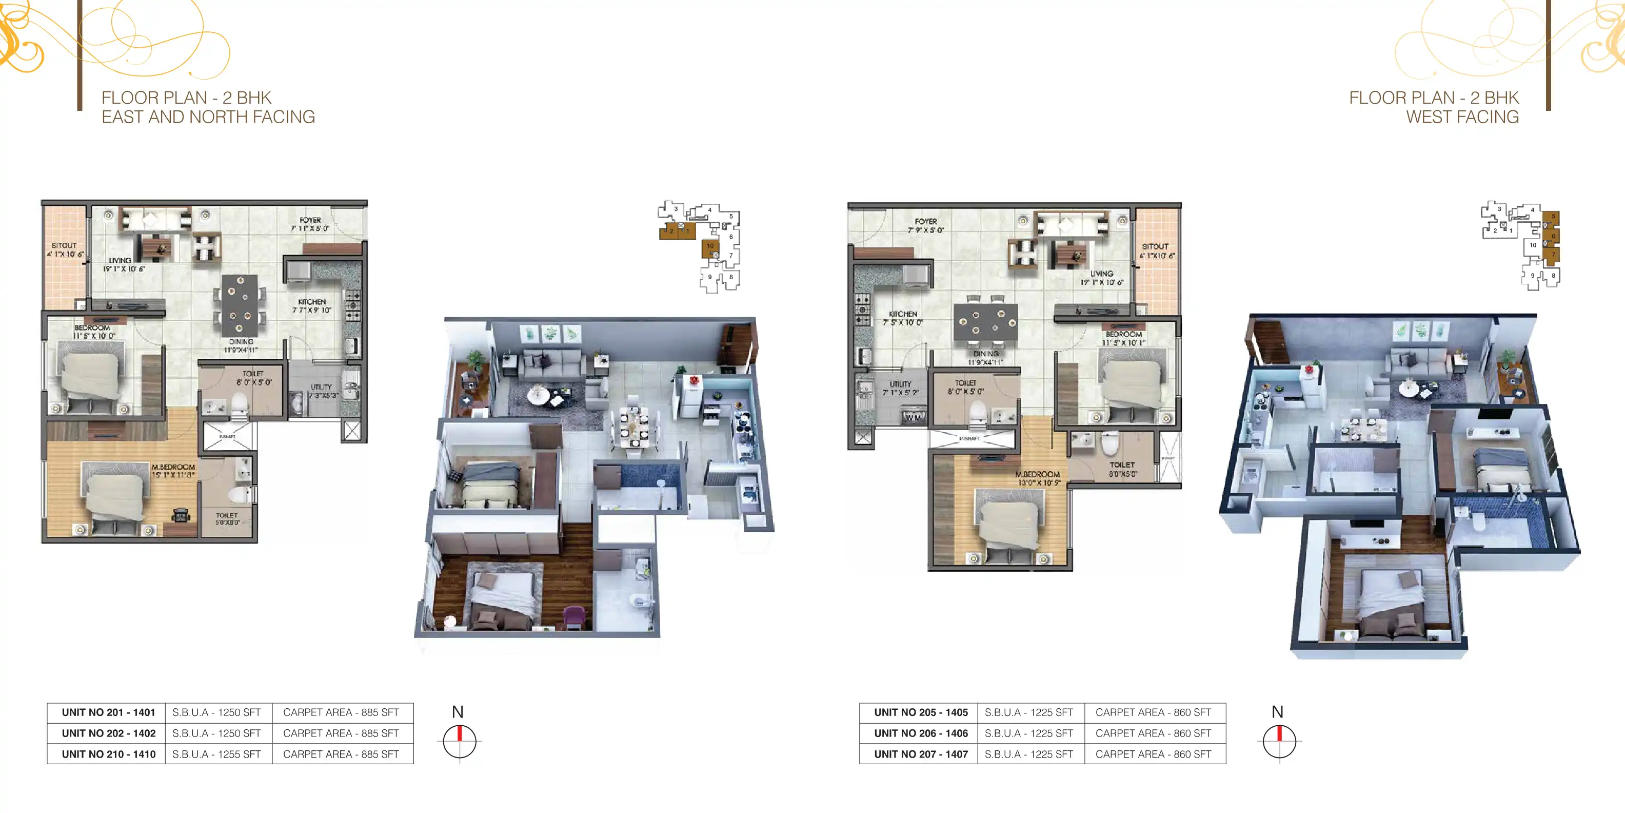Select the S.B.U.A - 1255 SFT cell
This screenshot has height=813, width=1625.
point(216,754)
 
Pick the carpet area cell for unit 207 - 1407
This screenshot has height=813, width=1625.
point(1153,754)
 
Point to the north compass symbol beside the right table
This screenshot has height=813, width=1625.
point(1279,741)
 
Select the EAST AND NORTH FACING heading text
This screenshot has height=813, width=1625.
point(208,118)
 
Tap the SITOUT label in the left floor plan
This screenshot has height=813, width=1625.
point(64,245)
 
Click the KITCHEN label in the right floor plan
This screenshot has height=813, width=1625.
point(903,314)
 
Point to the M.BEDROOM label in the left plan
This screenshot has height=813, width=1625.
point(173,467)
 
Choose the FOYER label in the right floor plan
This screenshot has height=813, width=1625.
point(925,222)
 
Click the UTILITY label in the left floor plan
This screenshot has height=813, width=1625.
point(321,387)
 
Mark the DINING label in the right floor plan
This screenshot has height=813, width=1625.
point(985,354)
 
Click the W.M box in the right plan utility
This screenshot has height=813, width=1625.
point(914,417)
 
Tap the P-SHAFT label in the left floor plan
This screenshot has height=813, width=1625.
point(227,437)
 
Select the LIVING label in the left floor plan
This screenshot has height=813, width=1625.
point(120,260)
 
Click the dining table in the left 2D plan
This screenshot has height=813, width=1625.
point(239,305)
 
